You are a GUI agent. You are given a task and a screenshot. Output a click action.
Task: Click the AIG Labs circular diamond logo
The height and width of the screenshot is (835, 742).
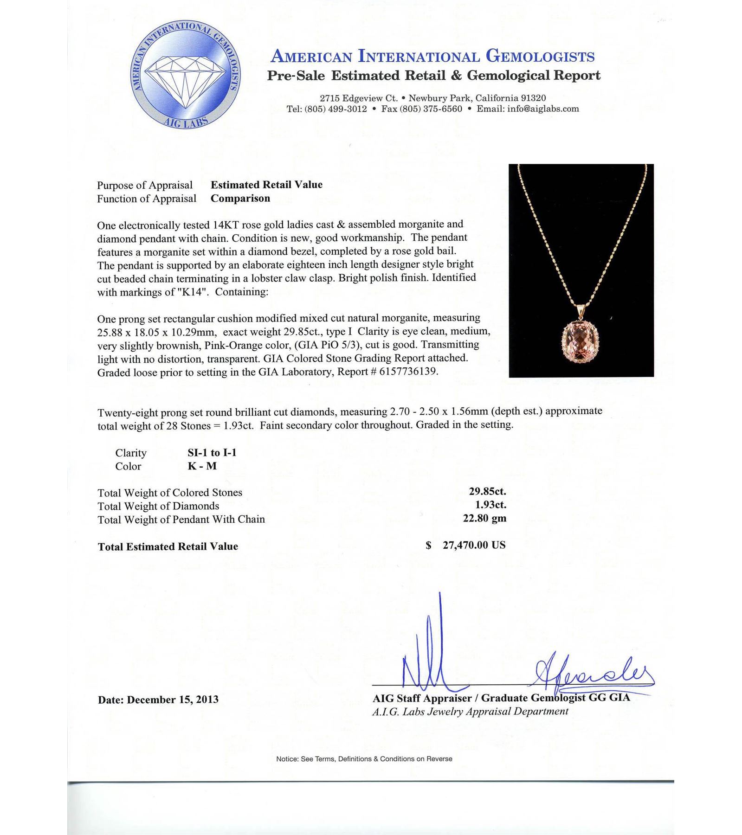pyautogui.click(x=185, y=75)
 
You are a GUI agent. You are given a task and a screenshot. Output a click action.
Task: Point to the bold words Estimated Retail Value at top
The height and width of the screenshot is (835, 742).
pyautogui.click(x=266, y=185)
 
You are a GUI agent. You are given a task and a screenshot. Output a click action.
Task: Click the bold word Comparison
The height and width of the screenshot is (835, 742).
pyautogui.click(x=240, y=199)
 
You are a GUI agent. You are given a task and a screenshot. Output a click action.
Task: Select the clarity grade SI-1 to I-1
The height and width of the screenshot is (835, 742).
pyautogui.click(x=212, y=453)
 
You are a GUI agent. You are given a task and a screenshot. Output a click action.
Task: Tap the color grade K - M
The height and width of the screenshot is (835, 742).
pyautogui.click(x=202, y=466)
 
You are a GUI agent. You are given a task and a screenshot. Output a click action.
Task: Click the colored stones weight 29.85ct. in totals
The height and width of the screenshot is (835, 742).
pyautogui.click(x=487, y=492)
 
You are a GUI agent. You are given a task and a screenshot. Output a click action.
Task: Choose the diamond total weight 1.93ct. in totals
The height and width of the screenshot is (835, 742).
pyautogui.click(x=490, y=505)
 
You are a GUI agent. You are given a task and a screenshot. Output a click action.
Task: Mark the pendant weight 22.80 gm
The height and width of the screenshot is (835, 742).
pyautogui.click(x=484, y=519)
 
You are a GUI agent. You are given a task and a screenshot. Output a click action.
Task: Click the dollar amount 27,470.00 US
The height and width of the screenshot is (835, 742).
pyautogui.click(x=473, y=545)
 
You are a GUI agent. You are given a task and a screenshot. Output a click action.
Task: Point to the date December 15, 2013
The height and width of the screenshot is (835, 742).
pyautogui.click(x=172, y=700)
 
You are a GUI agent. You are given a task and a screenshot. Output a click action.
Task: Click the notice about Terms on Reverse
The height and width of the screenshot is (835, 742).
pyautogui.click(x=364, y=759)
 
